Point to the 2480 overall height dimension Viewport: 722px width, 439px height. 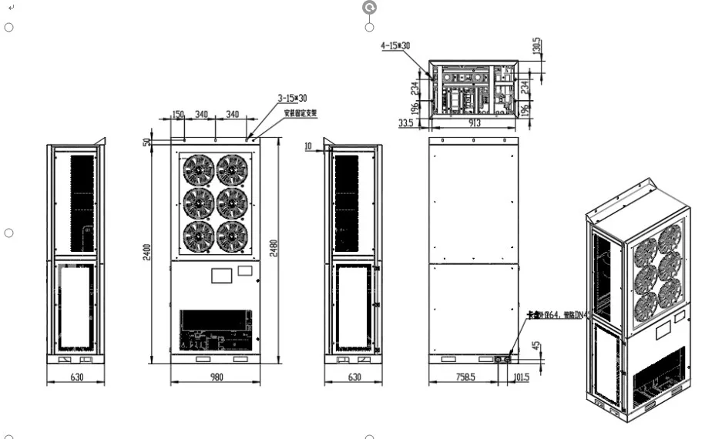pyautogui.click(x=274, y=248)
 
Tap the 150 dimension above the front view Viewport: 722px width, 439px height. pyautogui.click(x=178, y=114)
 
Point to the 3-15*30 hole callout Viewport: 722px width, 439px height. pyautogui.click(x=292, y=99)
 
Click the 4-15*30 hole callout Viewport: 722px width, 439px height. pyautogui.click(x=395, y=45)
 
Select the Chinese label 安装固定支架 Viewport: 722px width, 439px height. pyautogui.click(x=300, y=112)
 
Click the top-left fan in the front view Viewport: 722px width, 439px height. pyautogui.click(x=198, y=169)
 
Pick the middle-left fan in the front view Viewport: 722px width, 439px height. pyautogui.click(x=198, y=202)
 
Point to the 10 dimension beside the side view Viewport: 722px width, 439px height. pyautogui.click(x=307, y=146)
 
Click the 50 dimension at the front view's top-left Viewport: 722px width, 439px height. pyautogui.click(x=146, y=142)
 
